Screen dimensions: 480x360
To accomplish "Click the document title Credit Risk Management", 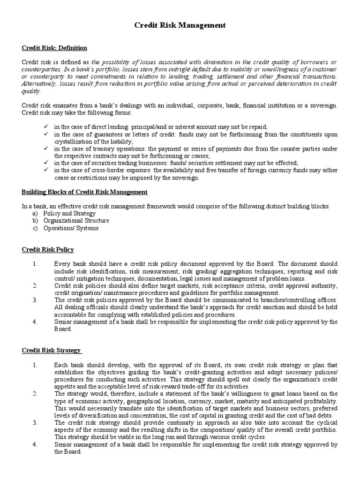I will tap(180, 25).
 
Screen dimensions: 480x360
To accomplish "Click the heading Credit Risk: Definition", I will tap(54, 48).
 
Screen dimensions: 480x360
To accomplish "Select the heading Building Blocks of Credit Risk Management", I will tap(85, 192).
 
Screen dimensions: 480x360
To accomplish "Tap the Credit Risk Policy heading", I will tap(48, 249).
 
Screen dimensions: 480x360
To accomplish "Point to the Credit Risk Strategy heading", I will tap(52, 350).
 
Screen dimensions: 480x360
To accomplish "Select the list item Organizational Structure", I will tap(76, 221).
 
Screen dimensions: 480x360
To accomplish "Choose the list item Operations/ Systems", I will tap(71, 228).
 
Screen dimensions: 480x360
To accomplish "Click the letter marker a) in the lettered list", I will tap(35, 213).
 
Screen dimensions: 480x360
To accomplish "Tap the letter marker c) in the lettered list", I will tap(35, 228).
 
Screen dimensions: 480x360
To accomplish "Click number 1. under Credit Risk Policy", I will tap(35, 264).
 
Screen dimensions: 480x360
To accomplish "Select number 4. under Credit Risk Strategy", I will tap(35, 444).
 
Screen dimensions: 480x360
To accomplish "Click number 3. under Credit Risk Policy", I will tap(35, 300).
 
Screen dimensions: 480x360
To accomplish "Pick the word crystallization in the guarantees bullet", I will tap(73, 141).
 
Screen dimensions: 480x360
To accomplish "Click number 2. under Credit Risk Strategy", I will tap(35, 393).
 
